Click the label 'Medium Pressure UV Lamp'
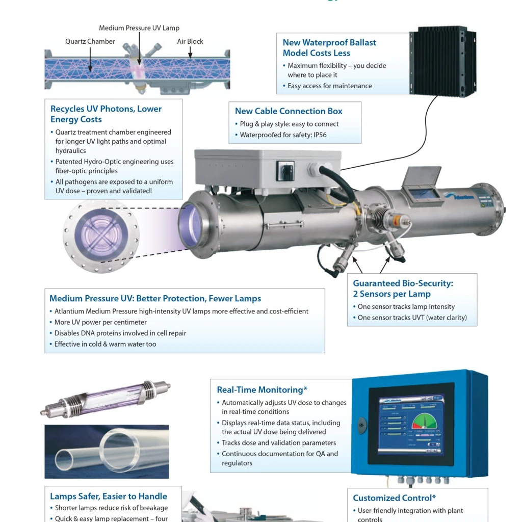(x=139, y=28)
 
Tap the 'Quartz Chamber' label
(x=90, y=41)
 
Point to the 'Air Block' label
(x=190, y=41)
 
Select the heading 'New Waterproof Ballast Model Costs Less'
(x=329, y=47)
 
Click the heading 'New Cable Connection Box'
(x=289, y=111)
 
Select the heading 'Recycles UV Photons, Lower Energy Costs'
(x=106, y=114)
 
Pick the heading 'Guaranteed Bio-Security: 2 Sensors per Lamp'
(x=403, y=289)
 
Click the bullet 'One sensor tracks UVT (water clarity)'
(x=412, y=318)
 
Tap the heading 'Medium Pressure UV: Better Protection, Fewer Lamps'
(x=155, y=299)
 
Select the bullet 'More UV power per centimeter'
(x=100, y=322)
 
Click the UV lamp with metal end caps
(x=106, y=397)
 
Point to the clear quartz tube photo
(x=107, y=451)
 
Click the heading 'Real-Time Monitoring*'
(x=262, y=390)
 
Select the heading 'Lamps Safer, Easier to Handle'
(x=108, y=496)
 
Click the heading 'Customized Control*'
(x=395, y=498)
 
